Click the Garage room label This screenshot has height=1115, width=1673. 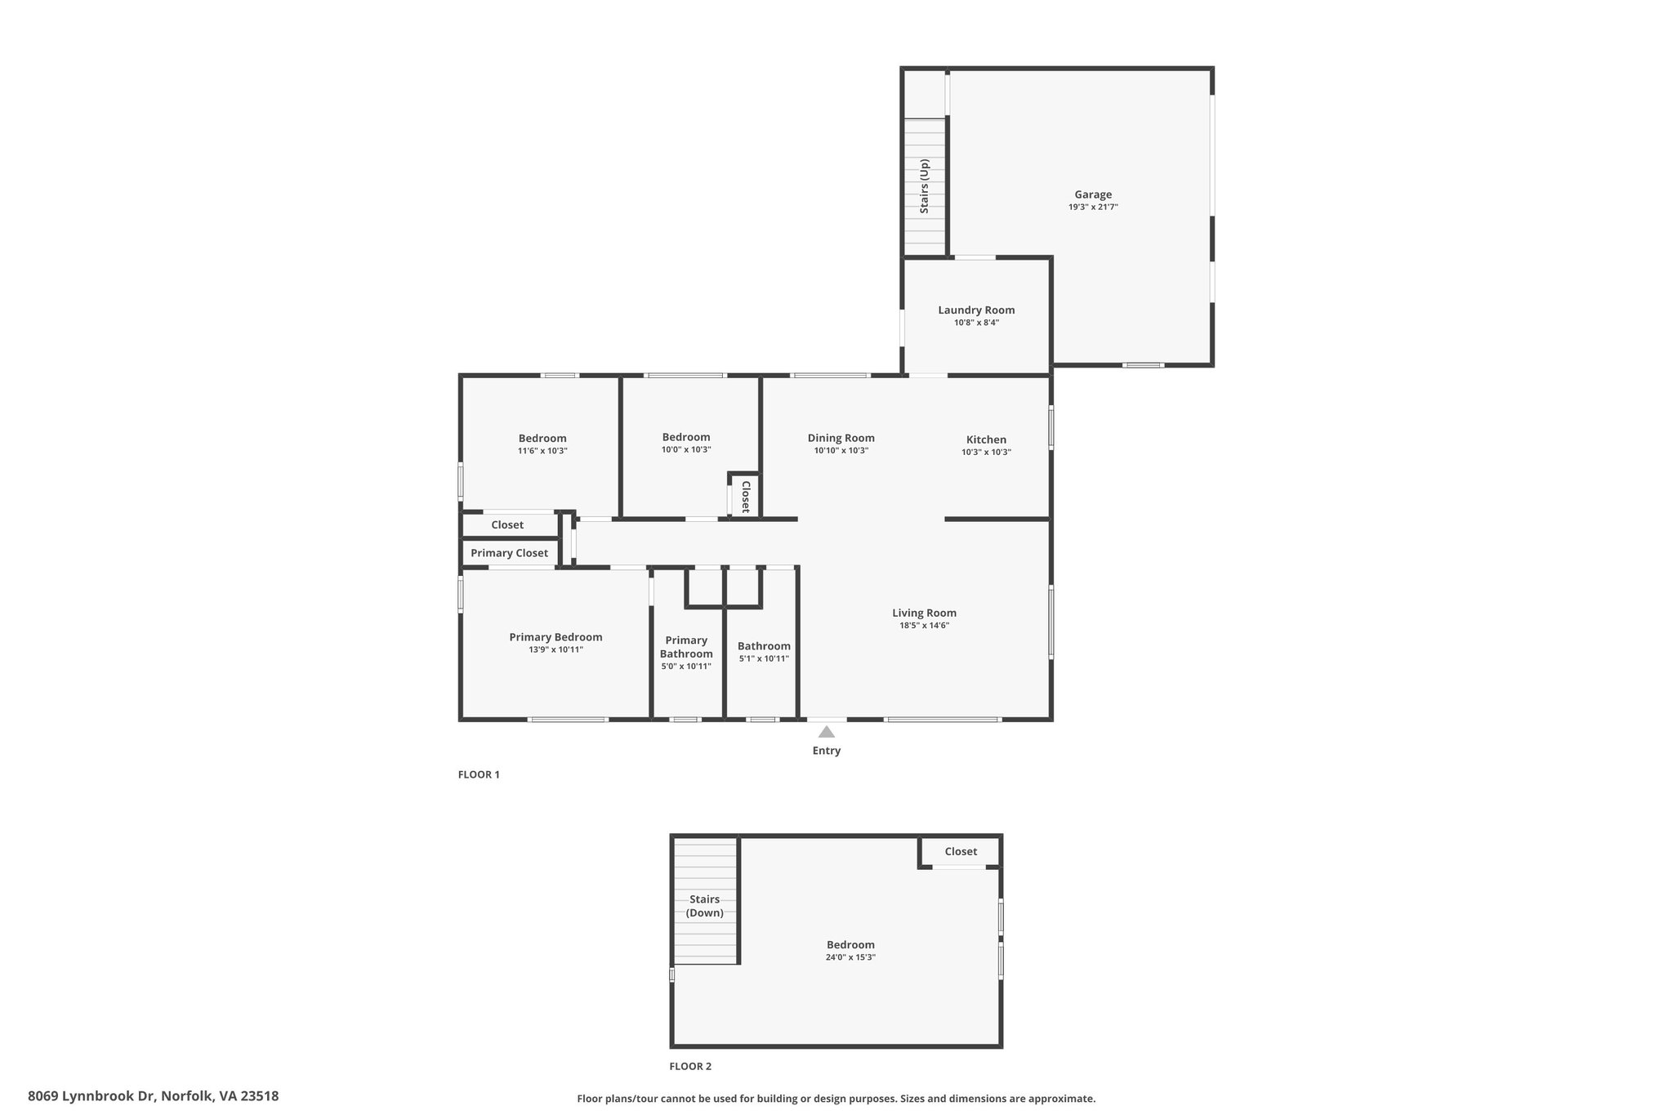click(1093, 194)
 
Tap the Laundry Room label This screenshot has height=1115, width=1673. click(976, 310)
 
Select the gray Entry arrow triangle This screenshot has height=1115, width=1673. click(827, 732)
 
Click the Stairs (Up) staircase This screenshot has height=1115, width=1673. click(925, 187)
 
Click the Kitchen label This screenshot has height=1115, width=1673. click(986, 439)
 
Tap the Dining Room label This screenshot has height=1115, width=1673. click(841, 438)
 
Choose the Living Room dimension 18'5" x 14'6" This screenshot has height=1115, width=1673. click(924, 626)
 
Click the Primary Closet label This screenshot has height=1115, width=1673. click(509, 553)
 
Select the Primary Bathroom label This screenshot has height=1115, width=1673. click(686, 647)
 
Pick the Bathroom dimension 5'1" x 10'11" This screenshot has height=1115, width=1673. click(764, 658)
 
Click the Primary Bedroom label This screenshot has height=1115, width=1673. click(555, 637)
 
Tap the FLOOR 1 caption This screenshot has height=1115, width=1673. click(479, 774)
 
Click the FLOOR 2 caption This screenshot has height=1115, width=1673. click(690, 1066)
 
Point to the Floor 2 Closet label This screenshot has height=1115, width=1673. click(961, 851)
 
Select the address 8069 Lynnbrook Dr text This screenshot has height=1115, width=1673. click(92, 1096)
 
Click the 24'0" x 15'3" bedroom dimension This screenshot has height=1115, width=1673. click(850, 957)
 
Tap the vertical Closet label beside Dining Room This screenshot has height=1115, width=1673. click(746, 497)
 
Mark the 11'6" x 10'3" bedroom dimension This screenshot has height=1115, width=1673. click(542, 451)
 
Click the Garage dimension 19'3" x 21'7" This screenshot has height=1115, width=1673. click(1093, 207)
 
